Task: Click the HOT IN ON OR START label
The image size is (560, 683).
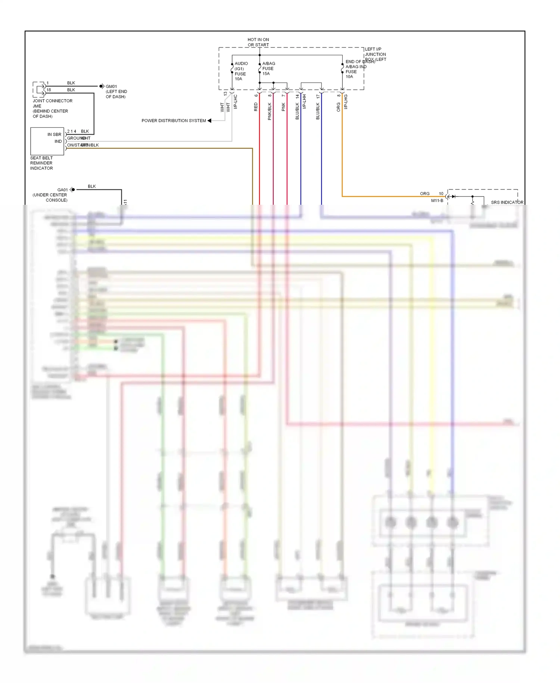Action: pyautogui.click(x=258, y=42)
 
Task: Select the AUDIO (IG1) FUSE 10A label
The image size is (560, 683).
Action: pyautogui.click(x=241, y=71)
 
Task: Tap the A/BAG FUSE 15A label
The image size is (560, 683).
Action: pyautogui.click(x=268, y=68)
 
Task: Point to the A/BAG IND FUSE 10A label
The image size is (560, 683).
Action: pyautogui.click(x=355, y=71)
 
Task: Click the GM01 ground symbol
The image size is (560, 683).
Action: pyautogui.click(x=102, y=86)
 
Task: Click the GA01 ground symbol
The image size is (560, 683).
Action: pyautogui.click(x=72, y=190)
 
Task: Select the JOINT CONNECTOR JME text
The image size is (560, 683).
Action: pyautogui.click(x=52, y=103)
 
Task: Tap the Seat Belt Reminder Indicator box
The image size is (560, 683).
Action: pyautogui.click(x=47, y=141)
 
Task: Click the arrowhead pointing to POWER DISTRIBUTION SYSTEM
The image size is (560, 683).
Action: pyautogui.click(x=209, y=121)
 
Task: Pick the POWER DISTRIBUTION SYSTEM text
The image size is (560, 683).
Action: pyautogui.click(x=174, y=121)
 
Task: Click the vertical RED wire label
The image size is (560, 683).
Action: pyautogui.click(x=256, y=107)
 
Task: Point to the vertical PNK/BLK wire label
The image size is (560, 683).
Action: pyautogui.click(x=270, y=111)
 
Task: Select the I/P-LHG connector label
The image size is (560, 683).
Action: pyautogui.click(x=346, y=102)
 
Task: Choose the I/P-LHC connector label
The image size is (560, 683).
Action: pyautogui.click(x=236, y=102)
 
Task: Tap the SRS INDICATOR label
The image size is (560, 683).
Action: pyautogui.click(x=507, y=202)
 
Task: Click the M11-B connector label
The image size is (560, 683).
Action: pyautogui.click(x=437, y=201)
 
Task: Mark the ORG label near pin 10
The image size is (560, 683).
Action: pyautogui.click(x=424, y=194)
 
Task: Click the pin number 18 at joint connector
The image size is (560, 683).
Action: pyautogui.click(x=49, y=90)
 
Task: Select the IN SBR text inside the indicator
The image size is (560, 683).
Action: pyautogui.click(x=54, y=135)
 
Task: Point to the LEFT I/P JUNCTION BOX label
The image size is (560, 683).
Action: pyautogui.click(x=375, y=54)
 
